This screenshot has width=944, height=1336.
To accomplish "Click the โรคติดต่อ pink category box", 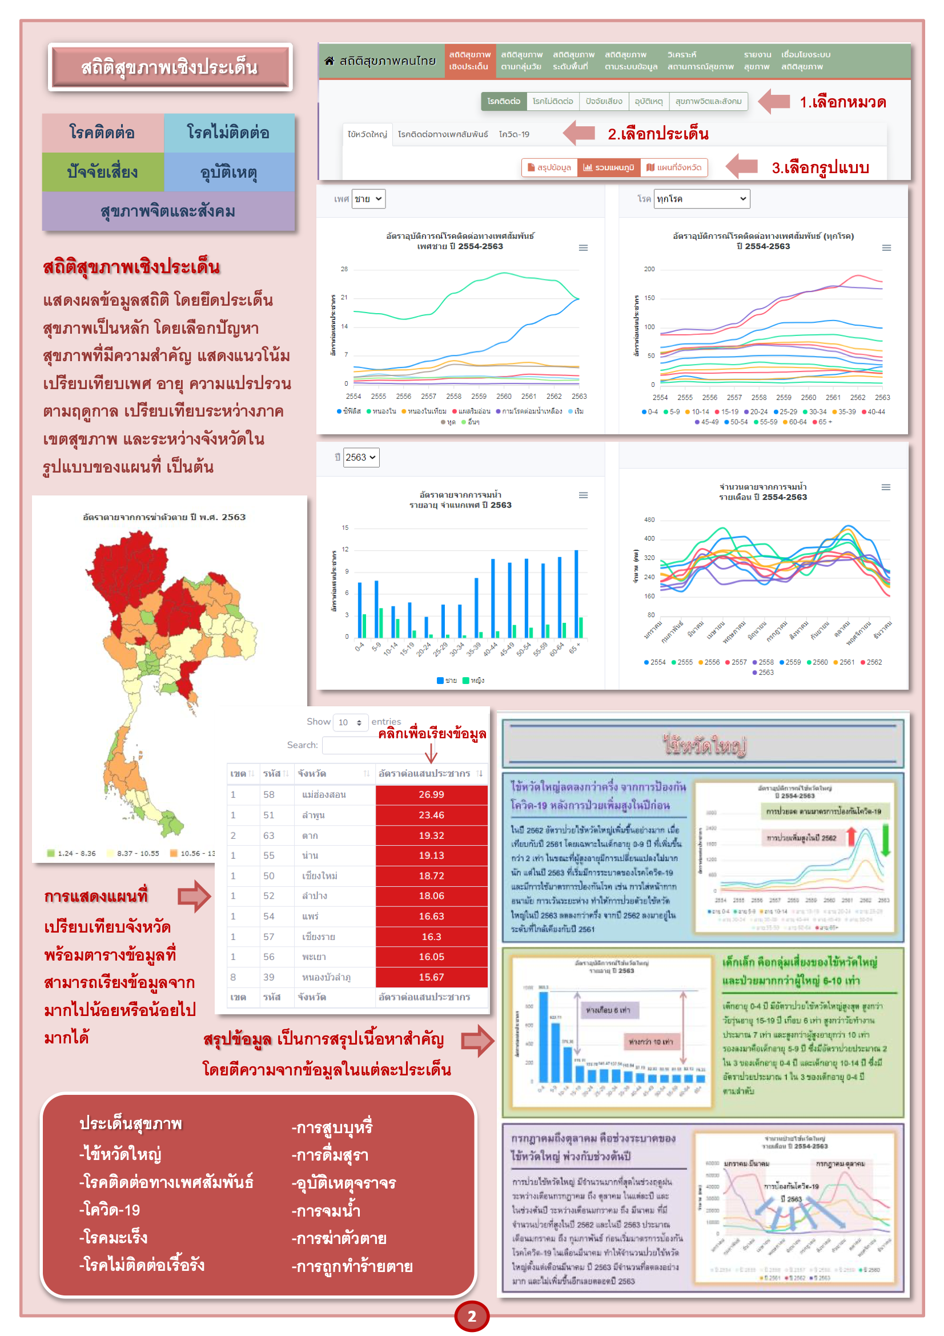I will pos(102,133).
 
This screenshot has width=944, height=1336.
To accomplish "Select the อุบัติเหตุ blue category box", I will pos(229,172).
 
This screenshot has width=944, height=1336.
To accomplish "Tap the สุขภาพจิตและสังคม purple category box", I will pos(168,211).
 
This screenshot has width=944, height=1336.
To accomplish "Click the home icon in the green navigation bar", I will pos(329,61).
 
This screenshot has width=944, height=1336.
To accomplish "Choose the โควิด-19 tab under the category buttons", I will pos(514,134).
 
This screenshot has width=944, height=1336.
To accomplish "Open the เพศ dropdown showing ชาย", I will pos(368,199).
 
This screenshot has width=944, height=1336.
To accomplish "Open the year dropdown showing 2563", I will pos(360,457).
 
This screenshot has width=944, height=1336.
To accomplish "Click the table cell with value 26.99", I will pos(431,794).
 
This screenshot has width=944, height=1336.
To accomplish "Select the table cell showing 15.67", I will pos(431,977).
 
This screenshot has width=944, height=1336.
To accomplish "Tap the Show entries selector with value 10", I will pos(350,722).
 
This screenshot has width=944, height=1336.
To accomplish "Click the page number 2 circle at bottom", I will pos(472,1316).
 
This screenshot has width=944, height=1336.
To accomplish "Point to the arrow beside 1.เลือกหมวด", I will pos(774,102).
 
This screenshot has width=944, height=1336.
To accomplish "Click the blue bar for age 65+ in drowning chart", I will pos(576,594).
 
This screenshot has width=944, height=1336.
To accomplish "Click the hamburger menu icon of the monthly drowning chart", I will pos(886,487).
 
